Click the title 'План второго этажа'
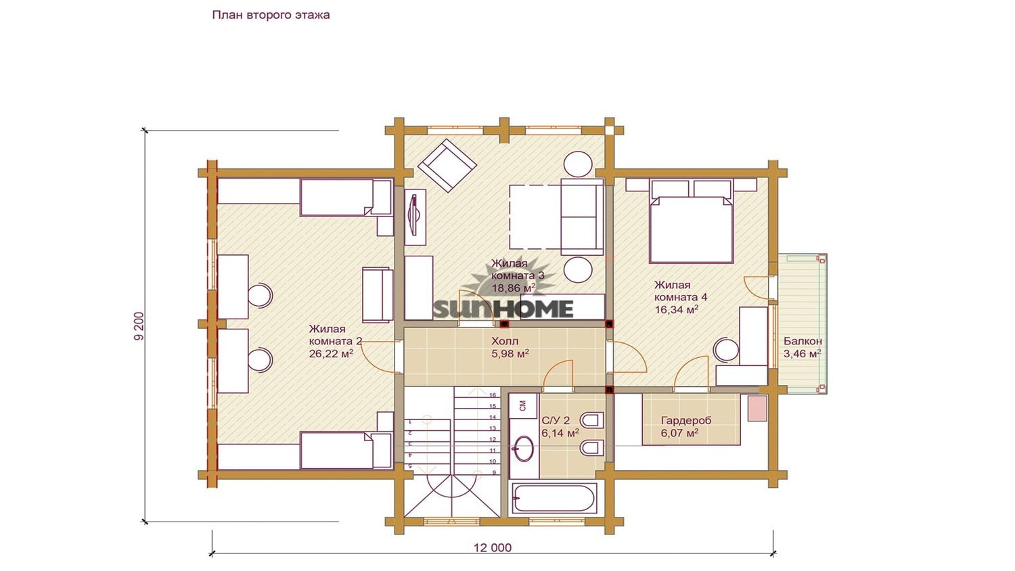pos(271,15)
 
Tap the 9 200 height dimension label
pos(139,326)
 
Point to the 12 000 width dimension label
pos(493,548)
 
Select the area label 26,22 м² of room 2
pos(332,353)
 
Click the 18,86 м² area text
pos(514,288)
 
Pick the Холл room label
pos(505,341)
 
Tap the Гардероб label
pos(686,421)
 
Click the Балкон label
pos(803,341)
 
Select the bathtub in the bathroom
pos(554,498)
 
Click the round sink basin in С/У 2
pos(524,449)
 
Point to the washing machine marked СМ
pos(523,405)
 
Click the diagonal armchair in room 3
pos(447,165)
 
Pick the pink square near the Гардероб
pos(757,409)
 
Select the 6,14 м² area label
pos(560,433)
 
